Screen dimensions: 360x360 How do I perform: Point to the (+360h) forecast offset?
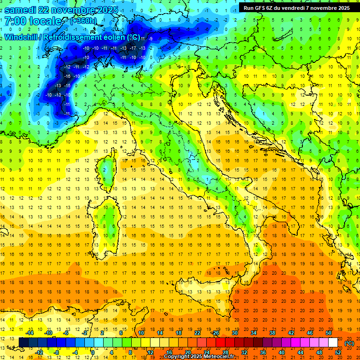pos(83,21)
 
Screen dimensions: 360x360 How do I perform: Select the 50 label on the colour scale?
pos(329,333)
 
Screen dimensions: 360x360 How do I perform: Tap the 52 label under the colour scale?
pos(338,352)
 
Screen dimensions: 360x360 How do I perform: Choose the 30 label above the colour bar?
pos(234,333)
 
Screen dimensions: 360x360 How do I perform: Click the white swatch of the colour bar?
pos(333,343)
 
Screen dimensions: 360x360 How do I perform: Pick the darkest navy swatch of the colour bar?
pos(23,343)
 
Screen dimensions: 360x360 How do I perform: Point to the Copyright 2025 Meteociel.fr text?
pos(199,357)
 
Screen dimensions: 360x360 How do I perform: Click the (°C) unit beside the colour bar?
pos(349,343)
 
